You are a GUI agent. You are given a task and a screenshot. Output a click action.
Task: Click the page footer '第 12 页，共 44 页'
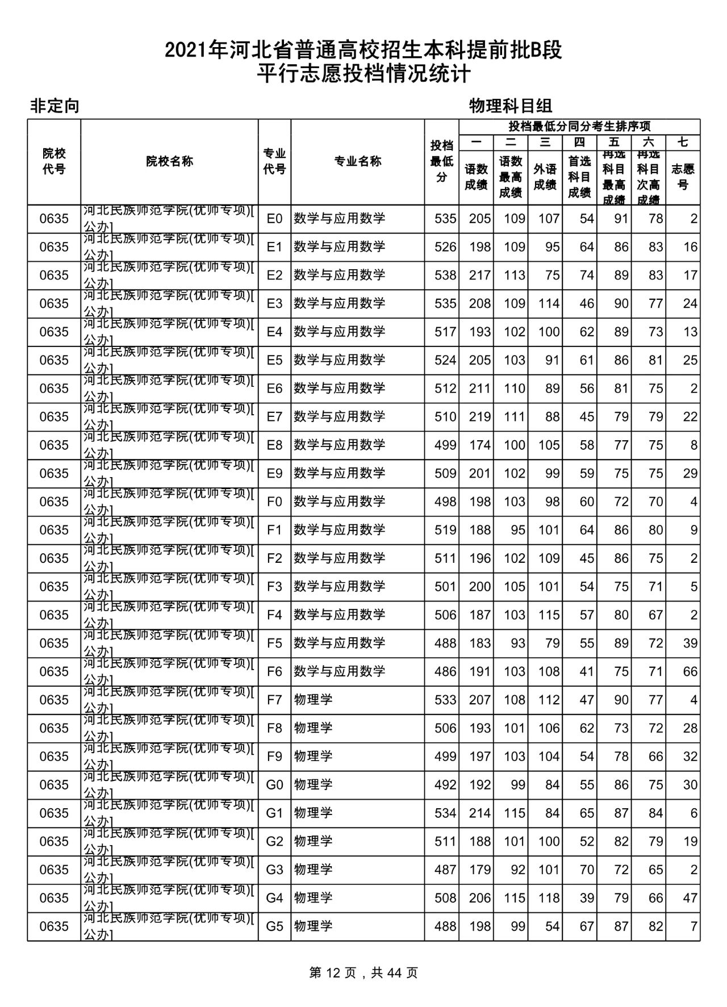tap(363, 973)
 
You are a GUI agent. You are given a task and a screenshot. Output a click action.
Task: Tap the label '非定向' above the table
tap(55, 106)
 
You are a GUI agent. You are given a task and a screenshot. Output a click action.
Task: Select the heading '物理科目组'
tap(511, 106)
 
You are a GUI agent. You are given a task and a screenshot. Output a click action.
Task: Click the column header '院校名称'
tap(169, 161)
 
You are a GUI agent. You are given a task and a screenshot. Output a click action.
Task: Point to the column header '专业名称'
tap(357, 161)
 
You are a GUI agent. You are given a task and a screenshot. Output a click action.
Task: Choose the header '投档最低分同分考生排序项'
tap(579, 126)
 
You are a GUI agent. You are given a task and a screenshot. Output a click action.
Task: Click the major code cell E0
tap(274, 219)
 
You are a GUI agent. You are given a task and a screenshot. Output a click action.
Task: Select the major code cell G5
tap(274, 926)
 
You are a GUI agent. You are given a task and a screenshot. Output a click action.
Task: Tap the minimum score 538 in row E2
tap(445, 275)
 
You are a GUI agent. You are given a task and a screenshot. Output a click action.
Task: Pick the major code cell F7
tap(274, 700)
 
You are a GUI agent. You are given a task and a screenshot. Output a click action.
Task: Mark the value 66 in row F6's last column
tap(690, 672)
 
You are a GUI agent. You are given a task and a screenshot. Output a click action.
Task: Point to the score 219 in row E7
tap(479, 417)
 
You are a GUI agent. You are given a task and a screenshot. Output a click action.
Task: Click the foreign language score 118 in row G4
tap(549, 898)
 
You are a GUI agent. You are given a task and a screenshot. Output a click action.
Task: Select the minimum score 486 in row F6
tap(445, 672)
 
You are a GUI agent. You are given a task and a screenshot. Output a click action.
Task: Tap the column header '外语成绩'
tap(545, 177)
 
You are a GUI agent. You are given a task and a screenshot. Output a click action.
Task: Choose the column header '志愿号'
tap(683, 177)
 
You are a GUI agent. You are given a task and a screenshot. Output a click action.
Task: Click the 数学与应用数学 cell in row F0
tap(339, 502)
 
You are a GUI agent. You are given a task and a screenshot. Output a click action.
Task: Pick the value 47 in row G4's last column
tap(690, 898)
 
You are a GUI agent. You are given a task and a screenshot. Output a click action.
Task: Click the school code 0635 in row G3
tap(54, 870)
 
